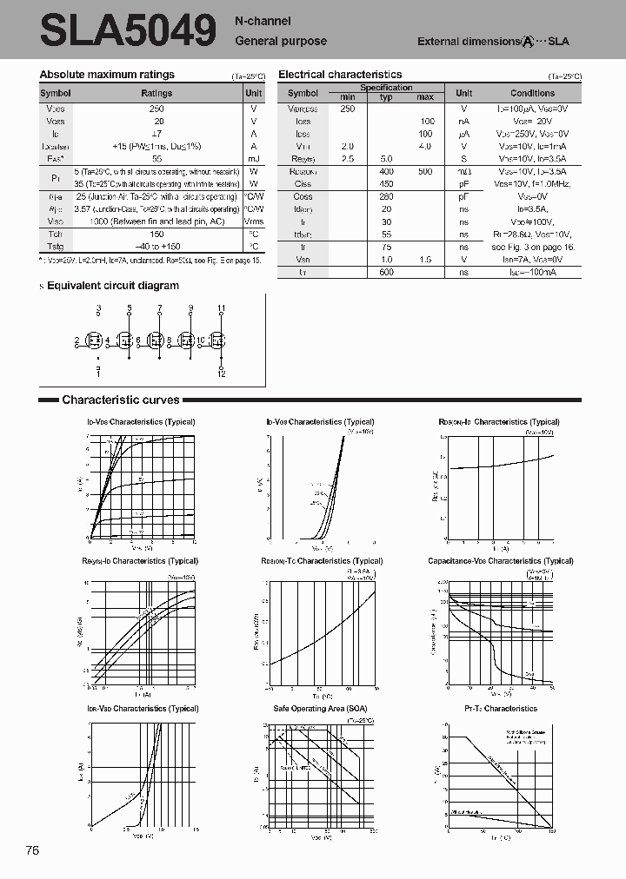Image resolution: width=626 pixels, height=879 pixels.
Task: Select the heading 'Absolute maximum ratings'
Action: [107, 75]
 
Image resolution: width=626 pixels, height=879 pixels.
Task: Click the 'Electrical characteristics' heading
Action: [340, 75]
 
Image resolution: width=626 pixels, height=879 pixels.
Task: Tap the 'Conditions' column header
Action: [532, 93]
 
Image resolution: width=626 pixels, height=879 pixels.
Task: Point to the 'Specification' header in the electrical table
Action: [386, 88]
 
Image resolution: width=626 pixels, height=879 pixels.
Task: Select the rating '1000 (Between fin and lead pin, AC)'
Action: [156, 221]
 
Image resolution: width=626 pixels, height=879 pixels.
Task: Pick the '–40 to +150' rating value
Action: [156, 246]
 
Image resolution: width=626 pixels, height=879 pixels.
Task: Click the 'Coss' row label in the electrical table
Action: [303, 196]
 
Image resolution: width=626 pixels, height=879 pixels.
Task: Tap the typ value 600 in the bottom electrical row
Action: [386, 272]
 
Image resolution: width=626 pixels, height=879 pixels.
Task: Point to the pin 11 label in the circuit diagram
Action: [221, 308]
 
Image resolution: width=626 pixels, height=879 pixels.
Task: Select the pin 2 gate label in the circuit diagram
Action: [77, 340]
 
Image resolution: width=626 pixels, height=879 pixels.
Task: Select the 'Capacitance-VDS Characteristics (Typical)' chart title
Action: [500, 561]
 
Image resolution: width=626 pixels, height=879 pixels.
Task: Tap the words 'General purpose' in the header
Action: [281, 41]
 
